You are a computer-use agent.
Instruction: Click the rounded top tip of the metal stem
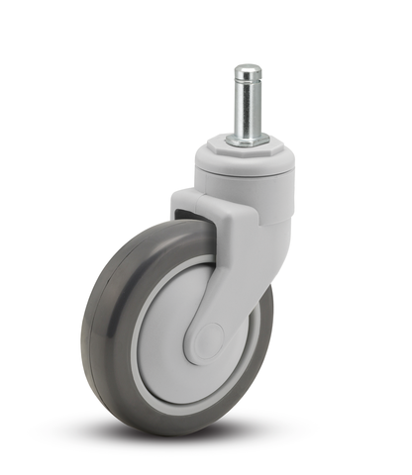(248, 68)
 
